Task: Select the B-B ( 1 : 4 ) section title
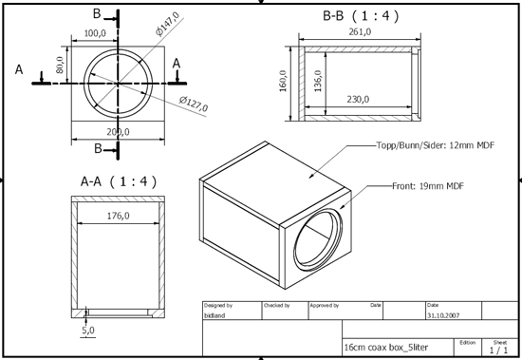[364, 16]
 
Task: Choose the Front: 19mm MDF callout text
[426, 185]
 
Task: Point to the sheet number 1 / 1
[498, 350]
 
